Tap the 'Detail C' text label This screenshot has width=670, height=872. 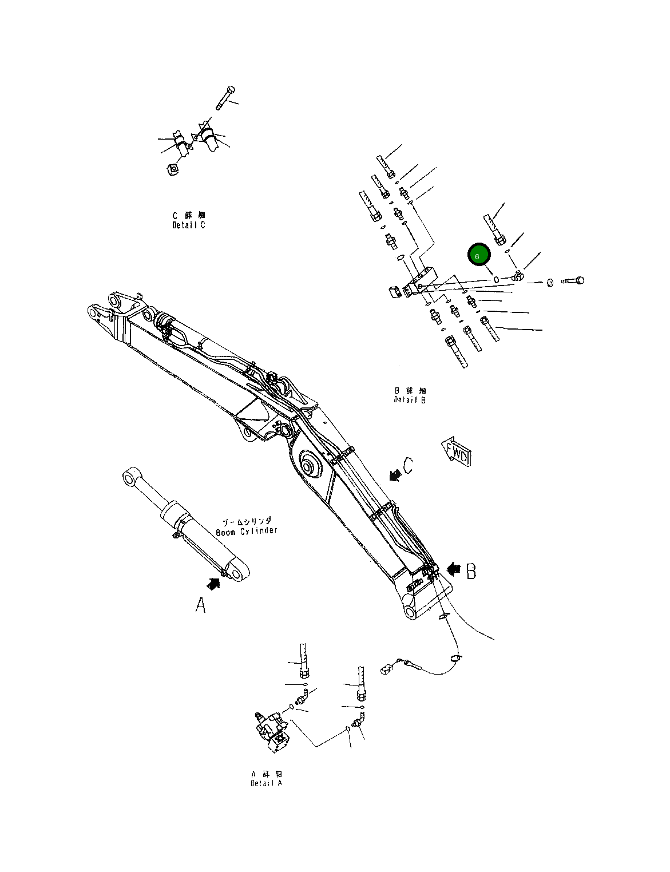tap(189, 225)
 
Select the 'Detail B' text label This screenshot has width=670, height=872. tap(410, 399)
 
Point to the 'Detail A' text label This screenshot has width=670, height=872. tap(266, 782)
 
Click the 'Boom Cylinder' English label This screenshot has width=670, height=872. tap(247, 531)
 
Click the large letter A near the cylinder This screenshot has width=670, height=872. tap(200, 605)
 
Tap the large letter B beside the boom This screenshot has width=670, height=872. tap(471, 571)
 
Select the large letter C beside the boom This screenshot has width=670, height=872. tap(407, 466)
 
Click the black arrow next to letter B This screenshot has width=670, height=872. tap(454, 569)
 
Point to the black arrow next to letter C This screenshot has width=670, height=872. tap(394, 474)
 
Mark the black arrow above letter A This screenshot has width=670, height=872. tap(213, 583)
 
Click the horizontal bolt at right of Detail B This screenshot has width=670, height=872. tap(573, 281)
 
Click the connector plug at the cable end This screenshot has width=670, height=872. tap(387, 667)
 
